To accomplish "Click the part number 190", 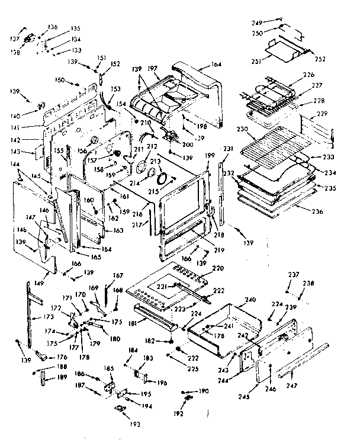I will point(204,391).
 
